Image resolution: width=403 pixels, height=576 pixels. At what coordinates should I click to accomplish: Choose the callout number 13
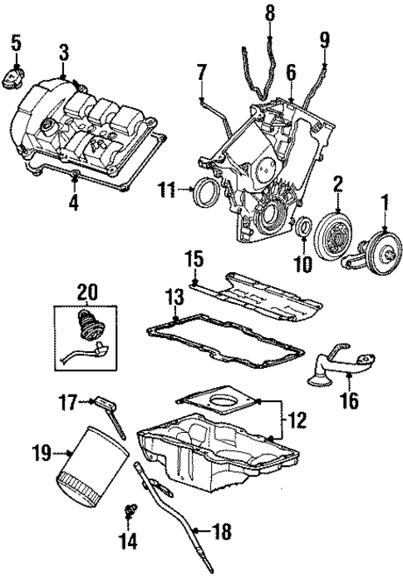pos(174,298)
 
